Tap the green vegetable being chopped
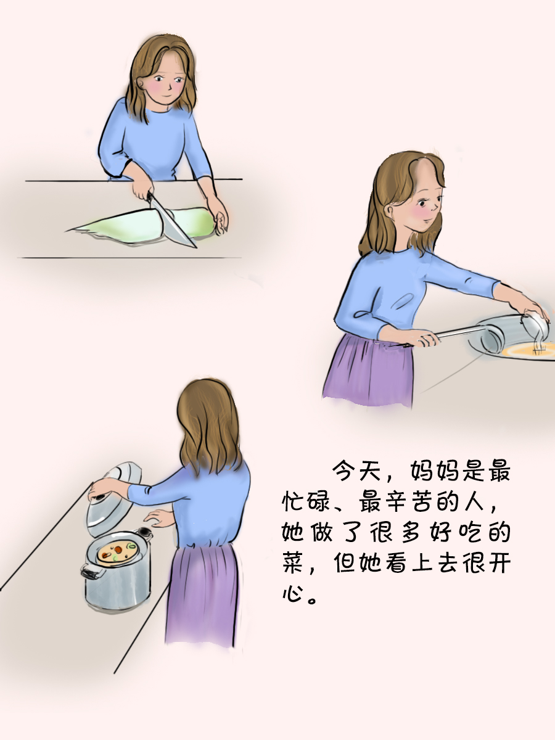142,225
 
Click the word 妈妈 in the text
434,471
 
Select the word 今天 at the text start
357,471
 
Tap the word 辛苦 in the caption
408,501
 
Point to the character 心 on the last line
293,593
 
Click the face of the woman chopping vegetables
167,81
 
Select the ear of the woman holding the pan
391,212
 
